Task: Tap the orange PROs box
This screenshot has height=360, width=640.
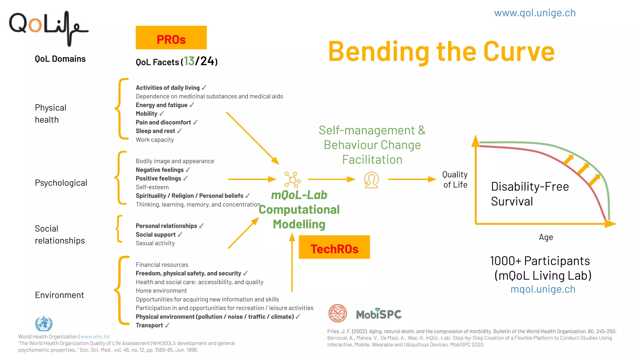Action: click(x=171, y=37)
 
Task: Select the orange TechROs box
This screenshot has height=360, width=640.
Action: click(x=334, y=247)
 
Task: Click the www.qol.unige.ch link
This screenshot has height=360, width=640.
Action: click(x=534, y=13)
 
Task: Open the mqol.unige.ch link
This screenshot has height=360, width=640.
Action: click(x=543, y=289)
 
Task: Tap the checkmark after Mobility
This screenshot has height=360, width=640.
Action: click(x=162, y=114)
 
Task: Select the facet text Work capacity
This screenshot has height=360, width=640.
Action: click(x=155, y=140)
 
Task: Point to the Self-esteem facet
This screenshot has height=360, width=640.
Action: click(x=152, y=187)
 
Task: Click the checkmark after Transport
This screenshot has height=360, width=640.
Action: click(x=167, y=325)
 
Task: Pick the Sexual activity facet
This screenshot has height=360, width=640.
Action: click(x=155, y=243)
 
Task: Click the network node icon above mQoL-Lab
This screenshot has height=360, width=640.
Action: click(x=292, y=180)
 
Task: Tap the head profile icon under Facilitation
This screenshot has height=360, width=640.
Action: click(x=371, y=180)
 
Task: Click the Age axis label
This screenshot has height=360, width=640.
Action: click(x=546, y=237)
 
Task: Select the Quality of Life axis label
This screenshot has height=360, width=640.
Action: click(x=455, y=180)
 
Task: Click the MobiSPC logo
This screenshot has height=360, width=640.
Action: click(x=379, y=314)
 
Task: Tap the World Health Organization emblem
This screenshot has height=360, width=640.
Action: click(x=44, y=323)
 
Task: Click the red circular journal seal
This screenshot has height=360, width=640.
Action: click(x=337, y=313)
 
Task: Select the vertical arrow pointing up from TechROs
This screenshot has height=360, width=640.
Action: click(x=292, y=262)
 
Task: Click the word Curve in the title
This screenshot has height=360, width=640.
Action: click(x=519, y=52)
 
